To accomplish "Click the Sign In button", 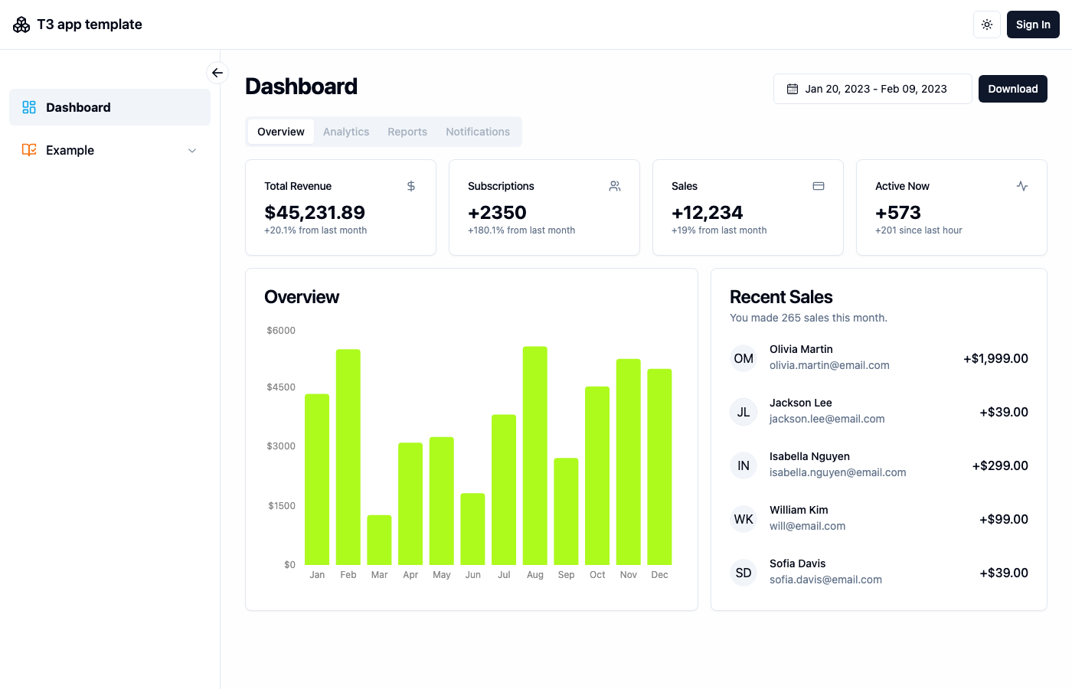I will [x=1033, y=24].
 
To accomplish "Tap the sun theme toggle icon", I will [x=987, y=24].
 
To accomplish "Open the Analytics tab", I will [x=346, y=132].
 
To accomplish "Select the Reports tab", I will [x=407, y=132].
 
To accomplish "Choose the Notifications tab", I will [x=478, y=132].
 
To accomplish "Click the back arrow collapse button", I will [x=217, y=73].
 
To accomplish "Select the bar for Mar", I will [x=379, y=540].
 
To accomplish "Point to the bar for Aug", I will [x=535, y=456].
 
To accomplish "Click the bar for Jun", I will [x=472, y=529].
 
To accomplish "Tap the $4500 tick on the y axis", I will [x=281, y=387].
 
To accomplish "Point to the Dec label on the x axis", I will [x=659, y=575].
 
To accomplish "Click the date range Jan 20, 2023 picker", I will [x=872, y=89].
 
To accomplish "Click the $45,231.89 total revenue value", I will [x=315, y=212].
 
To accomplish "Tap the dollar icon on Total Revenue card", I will [x=411, y=186].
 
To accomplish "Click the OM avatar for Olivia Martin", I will [x=744, y=358].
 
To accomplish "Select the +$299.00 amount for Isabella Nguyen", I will [x=1000, y=465].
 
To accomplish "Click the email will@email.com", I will [x=807, y=526].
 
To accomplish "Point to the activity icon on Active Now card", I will [x=1022, y=186].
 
